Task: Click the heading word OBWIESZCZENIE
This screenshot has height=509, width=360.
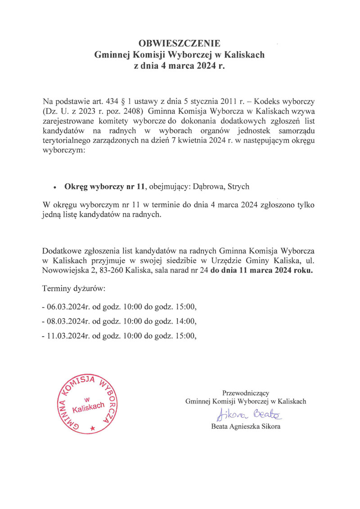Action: tap(180, 44)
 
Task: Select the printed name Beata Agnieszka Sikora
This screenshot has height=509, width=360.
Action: tap(246, 427)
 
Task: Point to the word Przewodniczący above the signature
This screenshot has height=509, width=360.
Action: tap(246, 393)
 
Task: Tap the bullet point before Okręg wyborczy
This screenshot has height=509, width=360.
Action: tap(54, 187)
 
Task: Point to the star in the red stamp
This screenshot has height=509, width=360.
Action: tap(93, 428)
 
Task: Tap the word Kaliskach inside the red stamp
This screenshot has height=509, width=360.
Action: tap(88, 408)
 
